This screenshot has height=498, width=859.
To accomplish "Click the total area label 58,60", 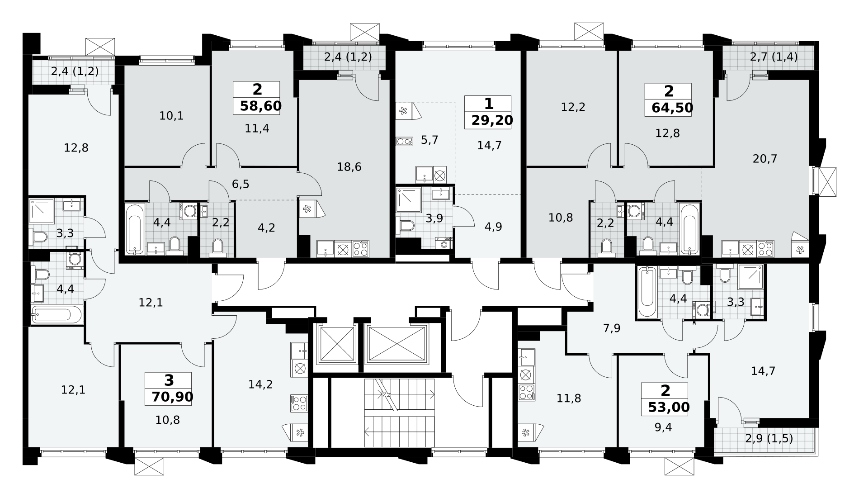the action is click(x=261, y=106).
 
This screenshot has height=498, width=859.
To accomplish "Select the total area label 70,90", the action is click(x=172, y=397).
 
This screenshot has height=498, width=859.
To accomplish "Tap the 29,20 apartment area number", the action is click(x=492, y=120).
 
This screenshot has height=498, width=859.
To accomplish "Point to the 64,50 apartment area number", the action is click(x=672, y=108).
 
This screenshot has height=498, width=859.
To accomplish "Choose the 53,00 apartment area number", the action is click(x=669, y=408).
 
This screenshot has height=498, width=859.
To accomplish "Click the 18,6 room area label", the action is click(x=349, y=167).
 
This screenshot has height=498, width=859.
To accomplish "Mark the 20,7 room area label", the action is click(x=765, y=159).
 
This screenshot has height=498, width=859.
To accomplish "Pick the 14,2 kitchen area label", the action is click(x=260, y=384).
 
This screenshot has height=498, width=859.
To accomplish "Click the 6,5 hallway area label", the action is click(x=241, y=184).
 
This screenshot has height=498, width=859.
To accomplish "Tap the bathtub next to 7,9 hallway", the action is click(x=647, y=293).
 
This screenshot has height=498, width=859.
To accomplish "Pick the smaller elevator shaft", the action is click(x=336, y=344).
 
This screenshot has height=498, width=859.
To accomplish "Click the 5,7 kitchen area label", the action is click(x=429, y=140).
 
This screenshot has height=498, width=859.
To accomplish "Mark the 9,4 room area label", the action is click(x=663, y=427).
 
